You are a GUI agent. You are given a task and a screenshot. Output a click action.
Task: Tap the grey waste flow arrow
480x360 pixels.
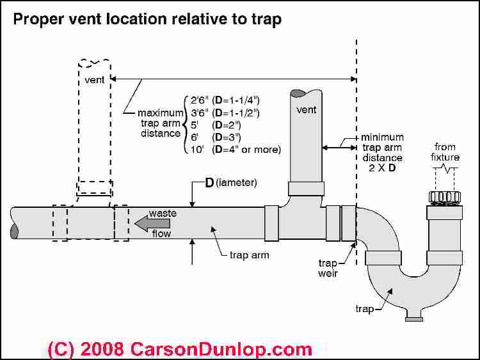click(x=152, y=223)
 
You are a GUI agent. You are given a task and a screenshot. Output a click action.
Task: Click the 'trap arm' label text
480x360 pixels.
click(x=248, y=256)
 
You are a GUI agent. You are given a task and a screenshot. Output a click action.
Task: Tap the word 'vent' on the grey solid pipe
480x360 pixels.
click(x=307, y=110)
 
